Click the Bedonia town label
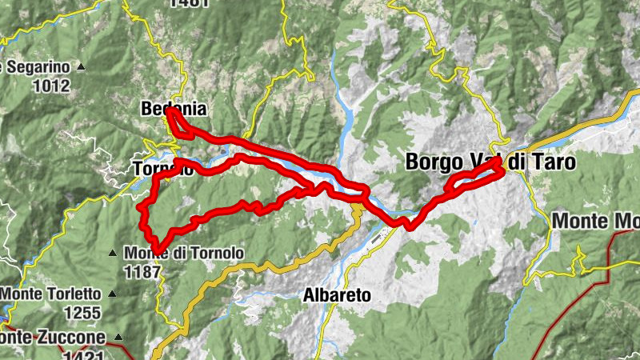pyautogui.click(x=174, y=108)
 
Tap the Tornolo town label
pyautogui.click(x=163, y=169)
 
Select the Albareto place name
pyautogui.click(x=337, y=295)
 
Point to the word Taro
pyautogui.click(x=551, y=161)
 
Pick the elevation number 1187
pyautogui.click(x=142, y=271)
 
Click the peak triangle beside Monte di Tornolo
pyautogui.click(x=114, y=254)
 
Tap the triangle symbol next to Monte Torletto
pyautogui.click(x=112, y=294)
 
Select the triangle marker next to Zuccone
pyautogui.click(x=118, y=337)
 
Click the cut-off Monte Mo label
pyautogui.click(x=596, y=221)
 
